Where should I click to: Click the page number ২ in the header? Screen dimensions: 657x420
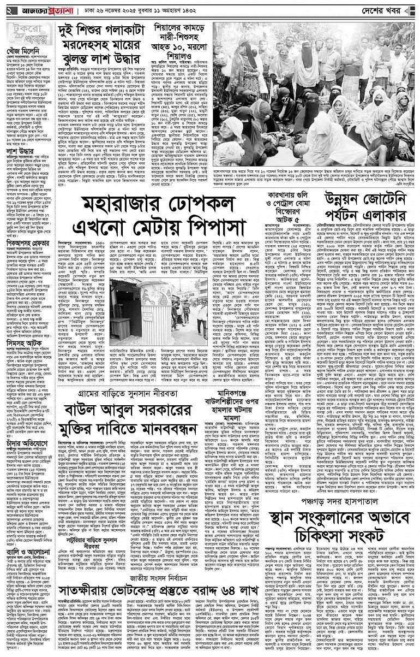pos(7,10)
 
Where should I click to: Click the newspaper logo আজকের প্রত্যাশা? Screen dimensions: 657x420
pos(39,10)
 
